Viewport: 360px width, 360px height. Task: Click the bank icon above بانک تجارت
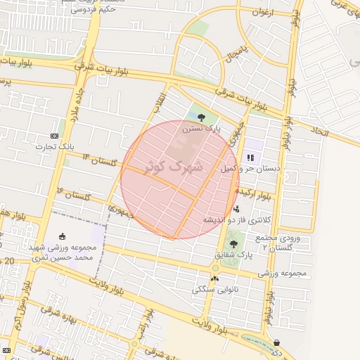(56, 135)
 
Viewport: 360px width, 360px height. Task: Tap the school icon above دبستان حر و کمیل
(250, 158)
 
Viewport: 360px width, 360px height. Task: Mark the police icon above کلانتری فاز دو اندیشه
(236, 209)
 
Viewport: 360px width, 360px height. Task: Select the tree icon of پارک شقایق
(233, 243)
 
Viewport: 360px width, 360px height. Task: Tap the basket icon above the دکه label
(277, 342)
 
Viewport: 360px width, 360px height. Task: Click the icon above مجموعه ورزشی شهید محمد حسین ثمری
(63, 236)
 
